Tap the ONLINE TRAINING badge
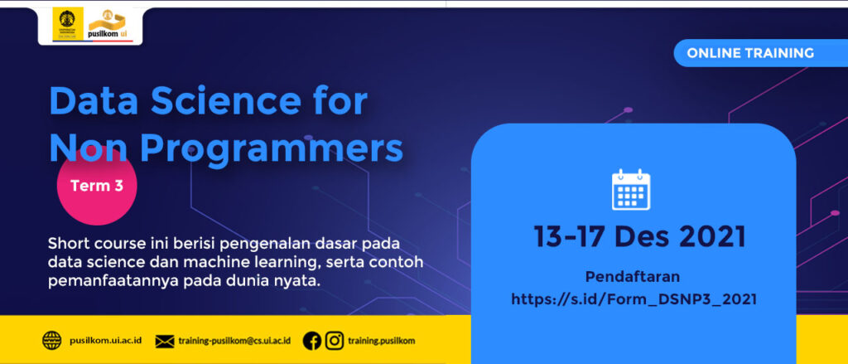[749, 53]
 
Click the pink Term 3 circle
[96, 187]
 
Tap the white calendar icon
[631, 190]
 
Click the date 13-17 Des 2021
[639, 237]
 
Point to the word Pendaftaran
[633, 276]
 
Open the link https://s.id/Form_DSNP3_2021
[634, 299]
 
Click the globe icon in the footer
[52, 340]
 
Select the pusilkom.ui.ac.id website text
[105, 341]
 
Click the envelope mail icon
[165, 341]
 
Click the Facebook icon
[312, 340]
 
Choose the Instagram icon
[334, 340]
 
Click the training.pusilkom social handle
[382, 341]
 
